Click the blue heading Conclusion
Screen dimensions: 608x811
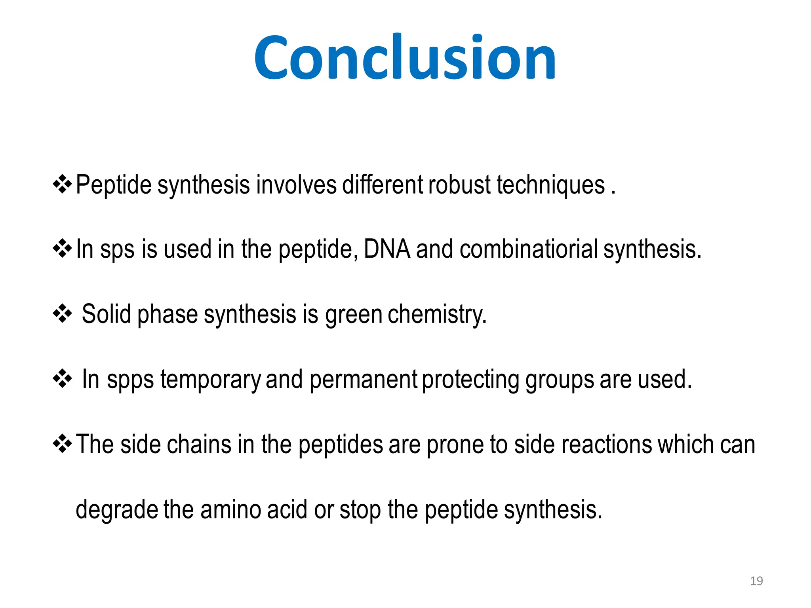coord(405,57)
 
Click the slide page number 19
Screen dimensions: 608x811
coord(756,581)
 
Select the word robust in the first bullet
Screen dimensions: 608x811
coord(459,185)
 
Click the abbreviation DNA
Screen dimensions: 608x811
coord(386,249)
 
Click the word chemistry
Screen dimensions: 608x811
coord(436,315)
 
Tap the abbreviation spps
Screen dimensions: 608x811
coord(130,380)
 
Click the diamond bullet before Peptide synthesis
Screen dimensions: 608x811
coord(63,184)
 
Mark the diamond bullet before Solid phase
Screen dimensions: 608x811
coord(63,314)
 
